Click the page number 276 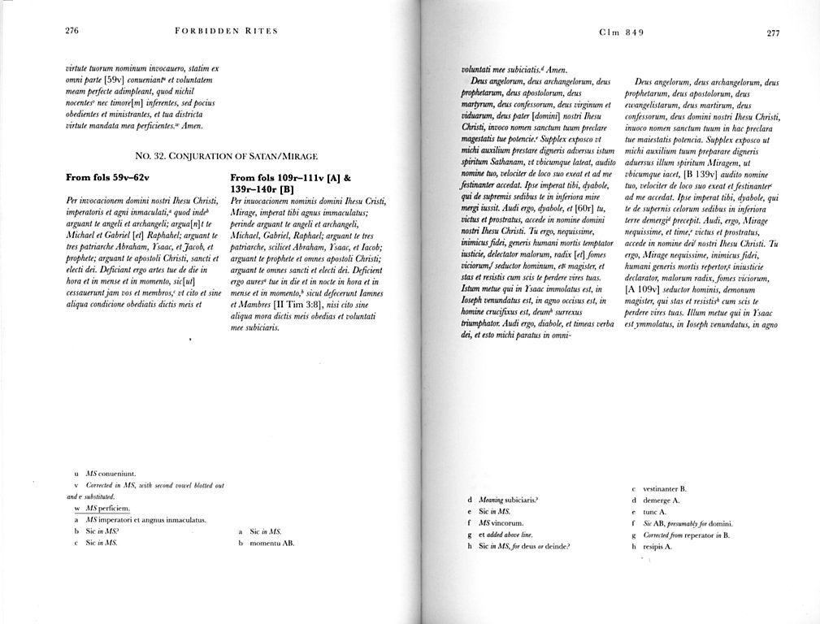click(72, 32)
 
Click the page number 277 click(772, 33)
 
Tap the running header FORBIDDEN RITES click(226, 32)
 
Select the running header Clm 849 click(621, 32)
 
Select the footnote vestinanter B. click(665, 489)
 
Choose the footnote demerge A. click(661, 500)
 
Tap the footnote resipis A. click(657, 547)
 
